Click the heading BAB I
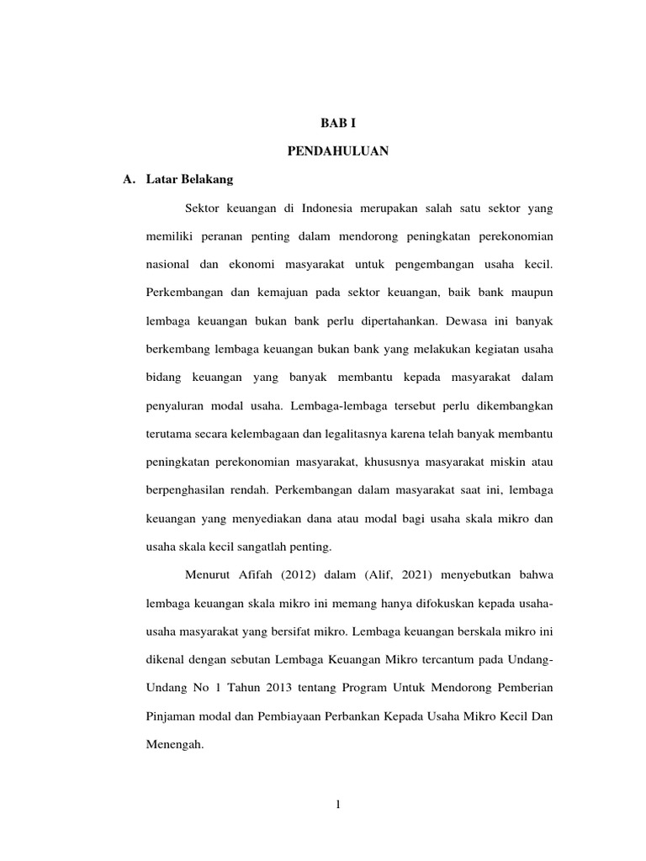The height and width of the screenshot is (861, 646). coord(337,123)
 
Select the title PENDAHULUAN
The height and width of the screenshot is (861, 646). coord(337,151)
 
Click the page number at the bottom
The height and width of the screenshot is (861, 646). coord(337,806)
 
